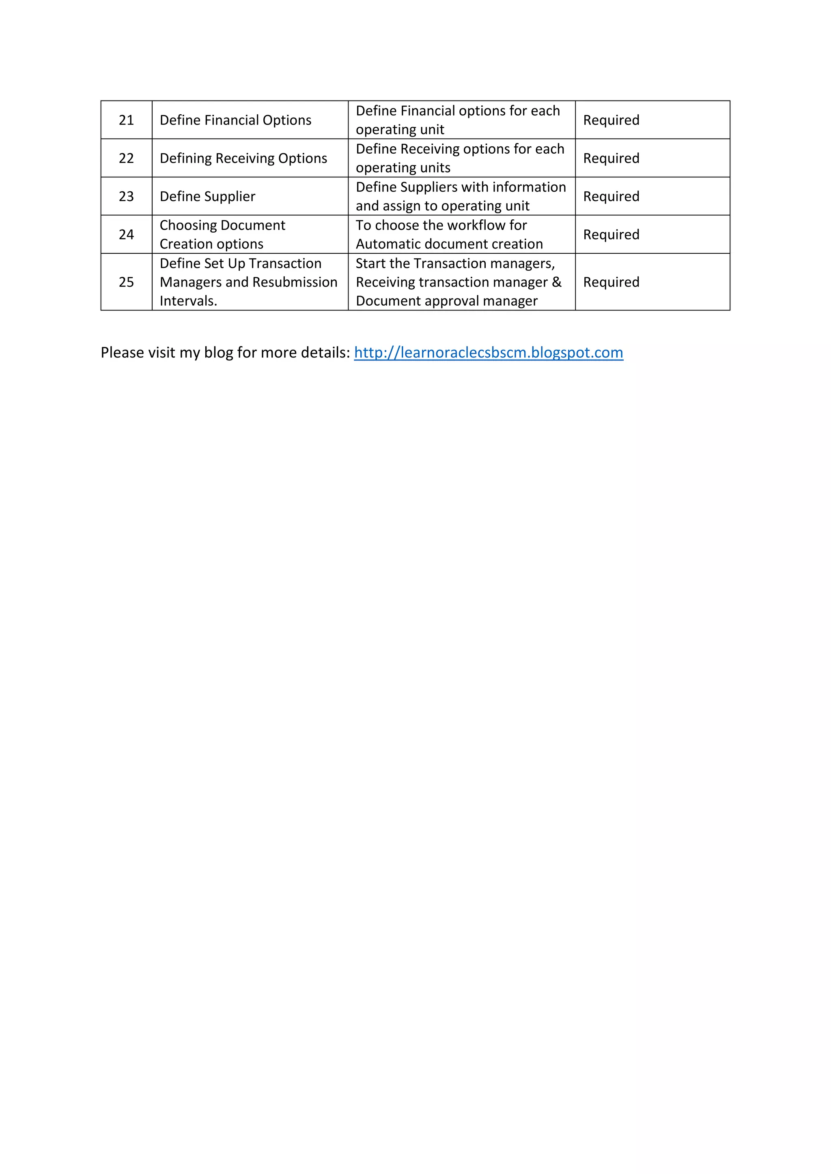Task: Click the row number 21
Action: (x=126, y=120)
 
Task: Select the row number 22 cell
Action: (x=126, y=159)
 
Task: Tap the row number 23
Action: (x=126, y=196)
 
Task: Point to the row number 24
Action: (x=126, y=235)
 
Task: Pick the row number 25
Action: (x=126, y=282)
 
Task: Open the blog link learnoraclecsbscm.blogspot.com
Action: (x=488, y=353)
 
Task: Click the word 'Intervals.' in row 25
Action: (x=188, y=301)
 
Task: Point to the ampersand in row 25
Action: (x=557, y=282)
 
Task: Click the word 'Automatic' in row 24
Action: (x=388, y=244)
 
